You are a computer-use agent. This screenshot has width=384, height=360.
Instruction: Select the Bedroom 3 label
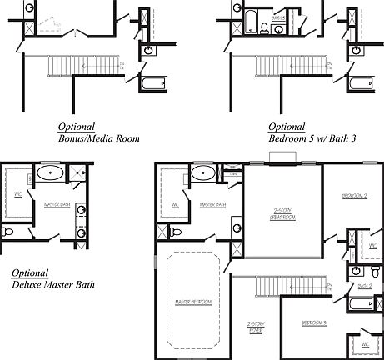313,321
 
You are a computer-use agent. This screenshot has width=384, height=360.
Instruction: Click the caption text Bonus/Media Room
99,138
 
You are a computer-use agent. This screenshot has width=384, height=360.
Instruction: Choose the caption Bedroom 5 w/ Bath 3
312,138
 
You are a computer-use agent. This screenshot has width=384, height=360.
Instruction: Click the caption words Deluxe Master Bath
53,284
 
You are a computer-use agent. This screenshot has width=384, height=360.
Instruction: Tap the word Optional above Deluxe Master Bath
31,272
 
